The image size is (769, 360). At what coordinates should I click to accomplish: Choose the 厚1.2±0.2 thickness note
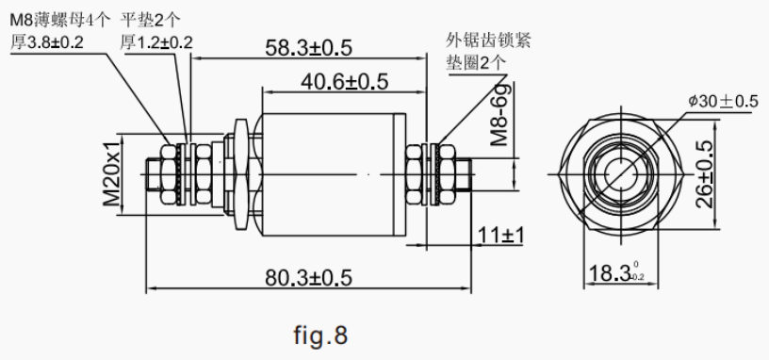point(156,41)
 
